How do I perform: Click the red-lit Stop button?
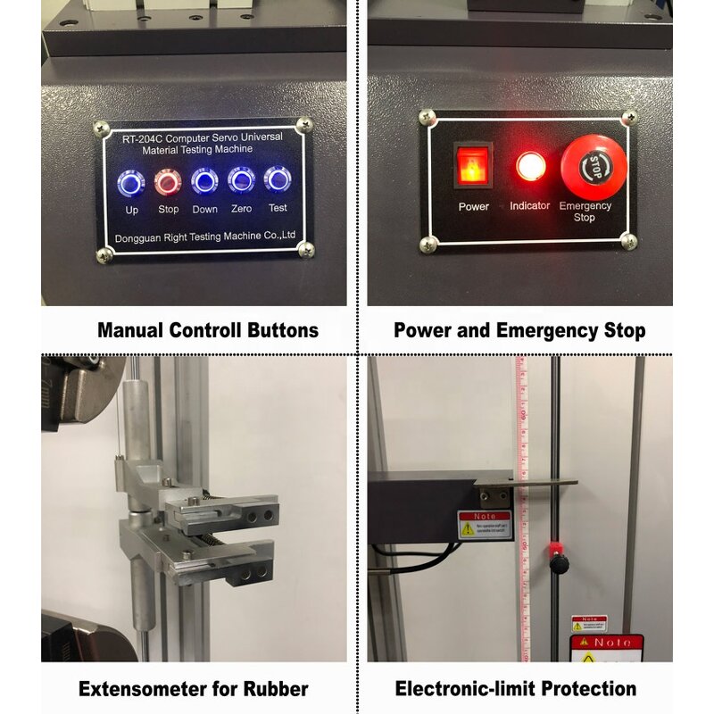click(x=167, y=182)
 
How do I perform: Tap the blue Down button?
click(x=204, y=182)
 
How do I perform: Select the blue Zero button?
click(x=241, y=182)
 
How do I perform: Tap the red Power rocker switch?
click(x=473, y=166)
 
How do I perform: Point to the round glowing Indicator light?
click(x=530, y=167)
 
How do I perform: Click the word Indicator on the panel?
click(x=530, y=206)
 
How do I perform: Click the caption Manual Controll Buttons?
click(x=208, y=330)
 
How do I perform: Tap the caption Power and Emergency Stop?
click(x=519, y=330)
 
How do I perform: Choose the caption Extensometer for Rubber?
click(x=194, y=689)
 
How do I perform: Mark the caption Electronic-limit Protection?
click(x=516, y=689)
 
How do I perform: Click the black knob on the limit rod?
click(x=560, y=564)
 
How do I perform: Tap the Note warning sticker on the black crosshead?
click(x=485, y=524)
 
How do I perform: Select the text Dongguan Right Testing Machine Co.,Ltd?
click(x=206, y=237)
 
